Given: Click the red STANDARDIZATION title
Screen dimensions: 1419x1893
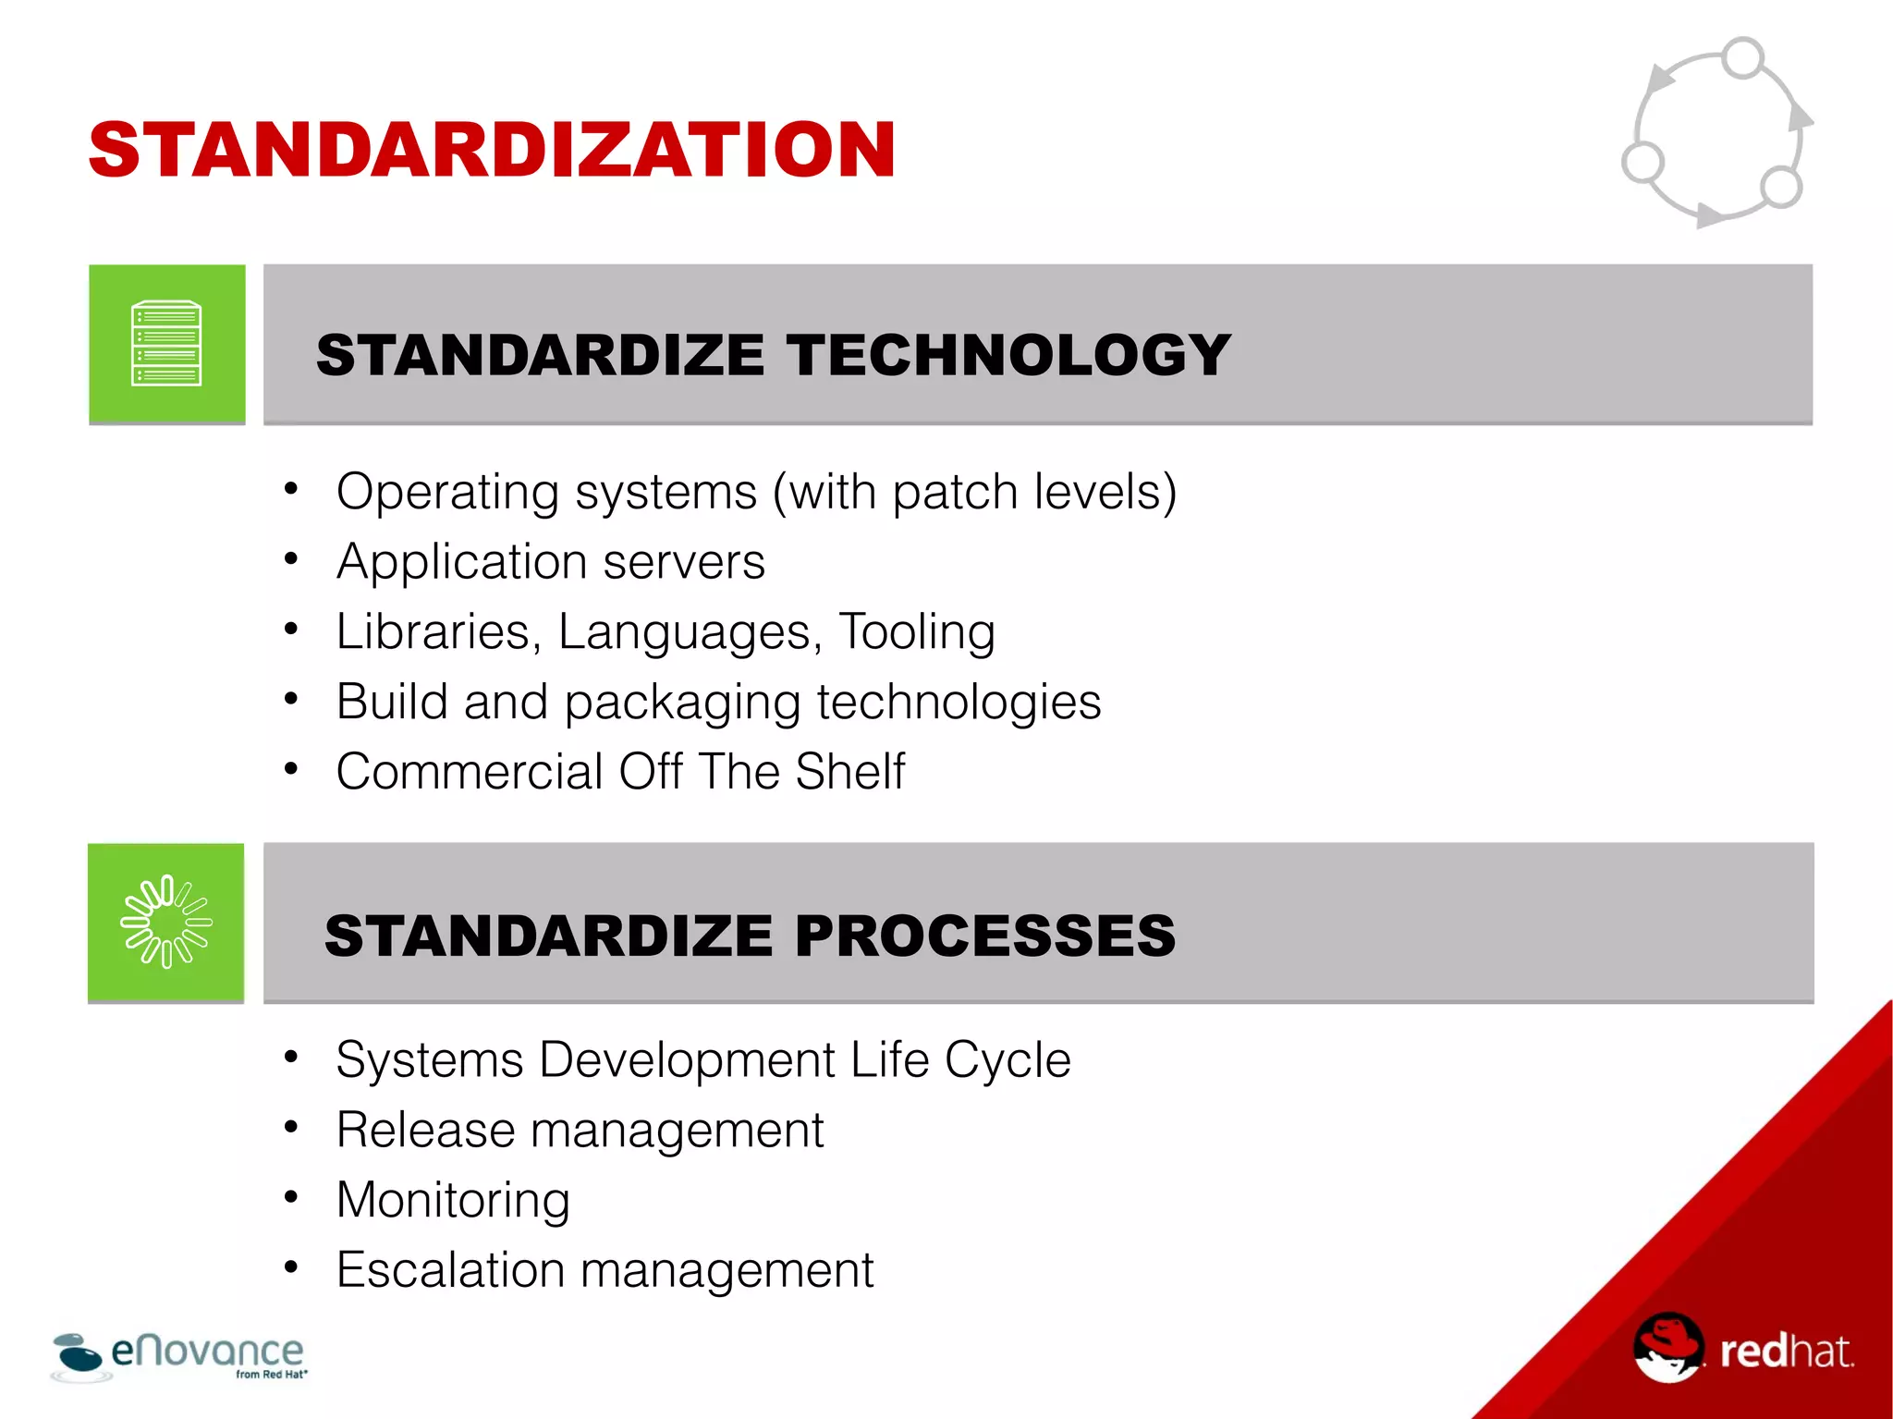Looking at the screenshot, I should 492,150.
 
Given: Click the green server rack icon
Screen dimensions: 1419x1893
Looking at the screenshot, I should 166,344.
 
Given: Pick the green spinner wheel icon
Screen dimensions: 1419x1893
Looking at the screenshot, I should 166,922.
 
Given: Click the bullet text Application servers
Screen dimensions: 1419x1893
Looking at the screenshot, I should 551,562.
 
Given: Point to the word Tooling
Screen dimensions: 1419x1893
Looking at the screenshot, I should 917,632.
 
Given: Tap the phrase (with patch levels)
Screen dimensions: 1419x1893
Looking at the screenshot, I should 975,492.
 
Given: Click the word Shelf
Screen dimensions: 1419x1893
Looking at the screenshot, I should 849,772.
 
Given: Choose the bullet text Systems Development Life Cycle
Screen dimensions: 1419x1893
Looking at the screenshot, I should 702,1059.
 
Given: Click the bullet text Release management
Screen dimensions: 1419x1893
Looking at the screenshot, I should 580,1130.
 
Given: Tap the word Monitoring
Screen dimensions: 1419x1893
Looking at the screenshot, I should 453,1200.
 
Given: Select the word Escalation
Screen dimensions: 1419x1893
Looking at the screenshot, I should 450,1270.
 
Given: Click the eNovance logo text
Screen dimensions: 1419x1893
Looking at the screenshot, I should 207,1352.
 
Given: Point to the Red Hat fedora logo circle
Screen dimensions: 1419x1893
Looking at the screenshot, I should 1667,1348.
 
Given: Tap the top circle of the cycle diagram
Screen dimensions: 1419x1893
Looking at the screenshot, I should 1743,57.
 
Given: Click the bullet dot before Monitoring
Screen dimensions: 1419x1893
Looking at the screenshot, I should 291,1197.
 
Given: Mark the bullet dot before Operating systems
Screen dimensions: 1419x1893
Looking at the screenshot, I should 291,488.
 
